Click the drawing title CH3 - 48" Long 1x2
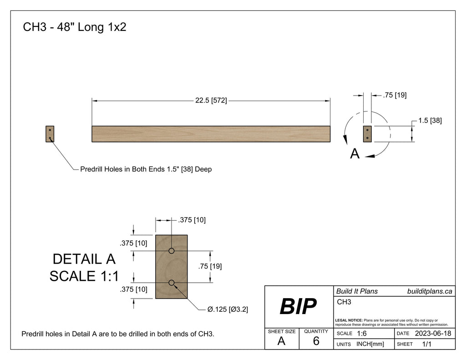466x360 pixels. [74, 27]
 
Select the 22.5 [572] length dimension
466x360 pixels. [211, 101]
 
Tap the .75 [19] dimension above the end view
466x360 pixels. [394, 95]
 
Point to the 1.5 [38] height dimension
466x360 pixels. [430, 121]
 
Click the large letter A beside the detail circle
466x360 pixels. [355, 154]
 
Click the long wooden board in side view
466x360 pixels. [211, 134]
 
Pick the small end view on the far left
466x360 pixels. [50, 134]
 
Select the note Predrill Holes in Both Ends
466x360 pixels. [146, 169]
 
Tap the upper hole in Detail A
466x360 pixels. [172, 251]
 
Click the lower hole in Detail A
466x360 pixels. [172, 283]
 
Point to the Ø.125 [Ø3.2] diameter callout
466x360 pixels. [228, 309]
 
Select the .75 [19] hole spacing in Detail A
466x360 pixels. [210, 267]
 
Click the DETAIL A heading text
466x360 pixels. [84, 259]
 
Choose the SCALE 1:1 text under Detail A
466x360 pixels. [84, 276]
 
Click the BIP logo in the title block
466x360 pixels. [298, 306]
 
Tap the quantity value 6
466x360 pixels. [316, 341]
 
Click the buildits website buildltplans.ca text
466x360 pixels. [429, 291]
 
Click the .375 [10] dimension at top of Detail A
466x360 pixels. [192, 220]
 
